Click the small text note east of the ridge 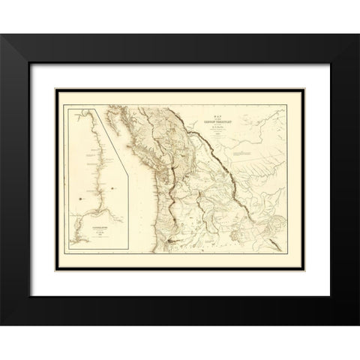(244, 153)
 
